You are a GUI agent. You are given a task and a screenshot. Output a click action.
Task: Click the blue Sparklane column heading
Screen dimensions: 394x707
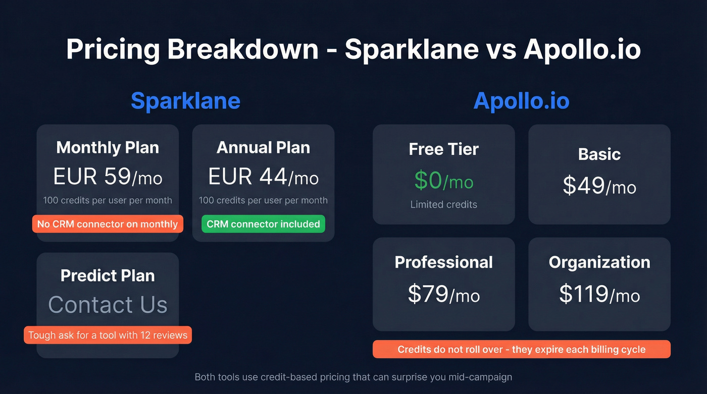pos(185,101)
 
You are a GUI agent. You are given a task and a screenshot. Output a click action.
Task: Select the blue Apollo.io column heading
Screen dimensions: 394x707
pos(521,101)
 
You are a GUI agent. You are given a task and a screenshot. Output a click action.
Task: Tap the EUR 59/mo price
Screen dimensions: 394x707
pos(108,177)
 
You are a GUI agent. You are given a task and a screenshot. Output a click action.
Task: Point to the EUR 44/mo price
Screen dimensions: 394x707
pos(263,177)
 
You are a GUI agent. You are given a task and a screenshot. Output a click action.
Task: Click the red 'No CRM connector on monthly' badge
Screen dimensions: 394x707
pos(108,224)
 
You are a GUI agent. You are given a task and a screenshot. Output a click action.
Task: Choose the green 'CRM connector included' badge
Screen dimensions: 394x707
pos(263,224)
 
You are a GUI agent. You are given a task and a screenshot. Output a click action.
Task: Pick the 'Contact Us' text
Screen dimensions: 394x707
pos(108,305)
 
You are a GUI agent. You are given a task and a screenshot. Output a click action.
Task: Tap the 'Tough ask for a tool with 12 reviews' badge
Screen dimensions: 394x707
pos(108,335)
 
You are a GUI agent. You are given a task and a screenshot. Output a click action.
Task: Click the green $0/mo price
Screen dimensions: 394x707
pos(443,181)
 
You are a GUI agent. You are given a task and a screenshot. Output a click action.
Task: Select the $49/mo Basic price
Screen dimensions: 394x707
pos(599,186)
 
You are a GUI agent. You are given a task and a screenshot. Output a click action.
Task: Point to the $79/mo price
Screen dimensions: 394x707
pos(443,294)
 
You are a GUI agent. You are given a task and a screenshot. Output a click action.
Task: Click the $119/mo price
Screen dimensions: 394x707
pos(599,294)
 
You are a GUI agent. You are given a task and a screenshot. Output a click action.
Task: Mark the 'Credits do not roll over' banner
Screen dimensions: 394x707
pos(521,349)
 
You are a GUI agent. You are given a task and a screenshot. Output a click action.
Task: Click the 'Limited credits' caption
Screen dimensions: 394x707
pos(443,204)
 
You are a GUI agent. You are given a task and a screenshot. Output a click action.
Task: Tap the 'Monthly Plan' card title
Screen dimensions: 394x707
pos(108,147)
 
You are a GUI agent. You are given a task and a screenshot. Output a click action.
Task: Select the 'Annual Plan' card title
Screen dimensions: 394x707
pos(263,147)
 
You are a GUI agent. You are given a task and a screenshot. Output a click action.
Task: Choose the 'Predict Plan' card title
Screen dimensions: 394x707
pos(108,275)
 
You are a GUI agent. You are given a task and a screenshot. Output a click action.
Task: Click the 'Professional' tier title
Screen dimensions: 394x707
pos(443,262)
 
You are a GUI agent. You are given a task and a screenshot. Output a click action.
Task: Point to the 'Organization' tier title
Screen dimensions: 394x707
pos(599,262)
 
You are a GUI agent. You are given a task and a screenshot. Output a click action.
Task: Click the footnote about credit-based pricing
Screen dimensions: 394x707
pos(353,377)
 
